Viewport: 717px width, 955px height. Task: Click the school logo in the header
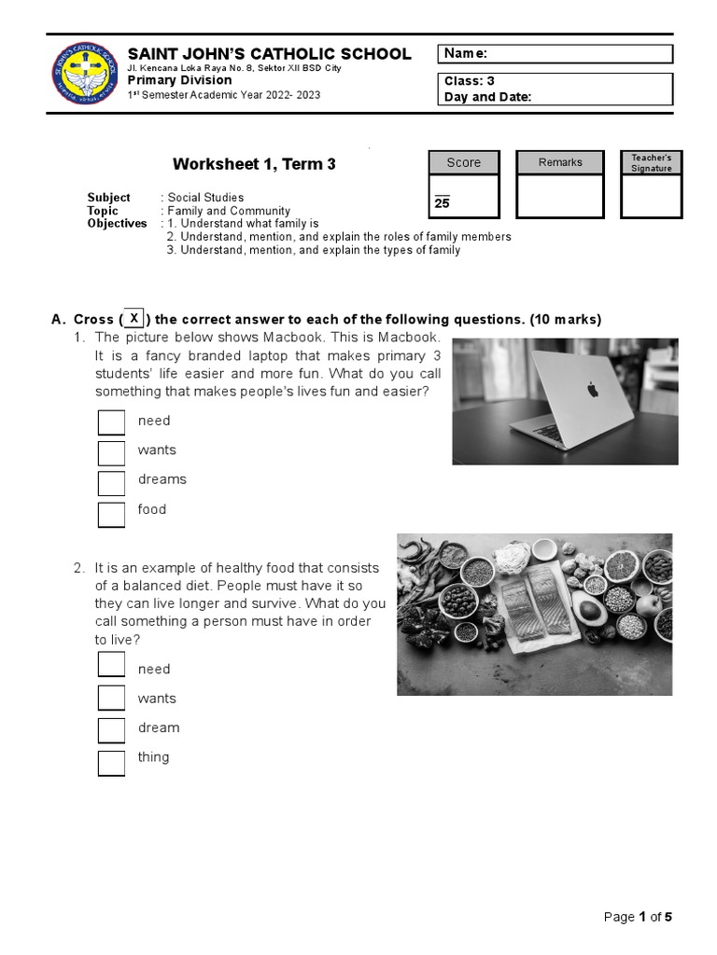[x=85, y=74]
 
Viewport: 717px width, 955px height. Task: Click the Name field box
[x=555, y=54]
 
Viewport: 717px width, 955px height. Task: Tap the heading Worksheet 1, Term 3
[x=254, y=164]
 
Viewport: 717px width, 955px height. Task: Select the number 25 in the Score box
[x=442, y=202]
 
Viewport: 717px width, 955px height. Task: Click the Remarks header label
[x=560, y=162]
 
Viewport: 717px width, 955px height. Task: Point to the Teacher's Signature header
[x=651, y=162]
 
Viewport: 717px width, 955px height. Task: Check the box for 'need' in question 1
[x=112, y=422]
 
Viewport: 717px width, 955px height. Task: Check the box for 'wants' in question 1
[x=112, y=452]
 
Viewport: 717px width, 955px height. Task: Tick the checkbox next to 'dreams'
[x=112, y=483]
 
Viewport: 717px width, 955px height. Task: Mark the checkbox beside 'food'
[x=112, y=514]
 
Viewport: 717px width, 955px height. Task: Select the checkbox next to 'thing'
[x=112, y=762]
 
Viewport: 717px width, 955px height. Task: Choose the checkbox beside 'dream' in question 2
[x=112, y=729]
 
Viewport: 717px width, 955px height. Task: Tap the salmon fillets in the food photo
[x=529, y=603]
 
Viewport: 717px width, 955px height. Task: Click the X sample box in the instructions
[x=134, y=318]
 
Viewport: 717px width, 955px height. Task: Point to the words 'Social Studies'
[x=205, y=198]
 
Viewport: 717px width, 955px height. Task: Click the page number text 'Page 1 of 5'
[x=638, y=917]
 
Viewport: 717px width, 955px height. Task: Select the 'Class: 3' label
[x=470, y=81]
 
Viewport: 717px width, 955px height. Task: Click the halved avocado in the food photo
[x=592, y=612]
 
